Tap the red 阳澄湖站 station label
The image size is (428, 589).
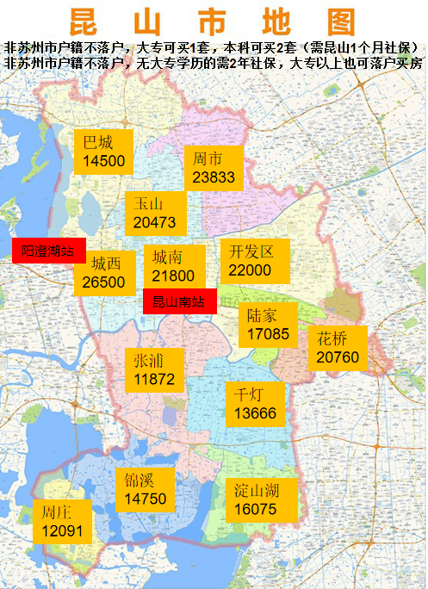[48, 251]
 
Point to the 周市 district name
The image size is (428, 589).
[208, 158]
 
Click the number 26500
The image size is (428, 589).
[104, 282]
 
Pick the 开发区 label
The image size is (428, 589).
[251, 251]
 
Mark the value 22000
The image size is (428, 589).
[250, 270]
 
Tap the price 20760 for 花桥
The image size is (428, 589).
[338, 356]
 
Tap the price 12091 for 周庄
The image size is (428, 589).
[62, 531]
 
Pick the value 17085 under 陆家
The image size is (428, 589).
[268, 333]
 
